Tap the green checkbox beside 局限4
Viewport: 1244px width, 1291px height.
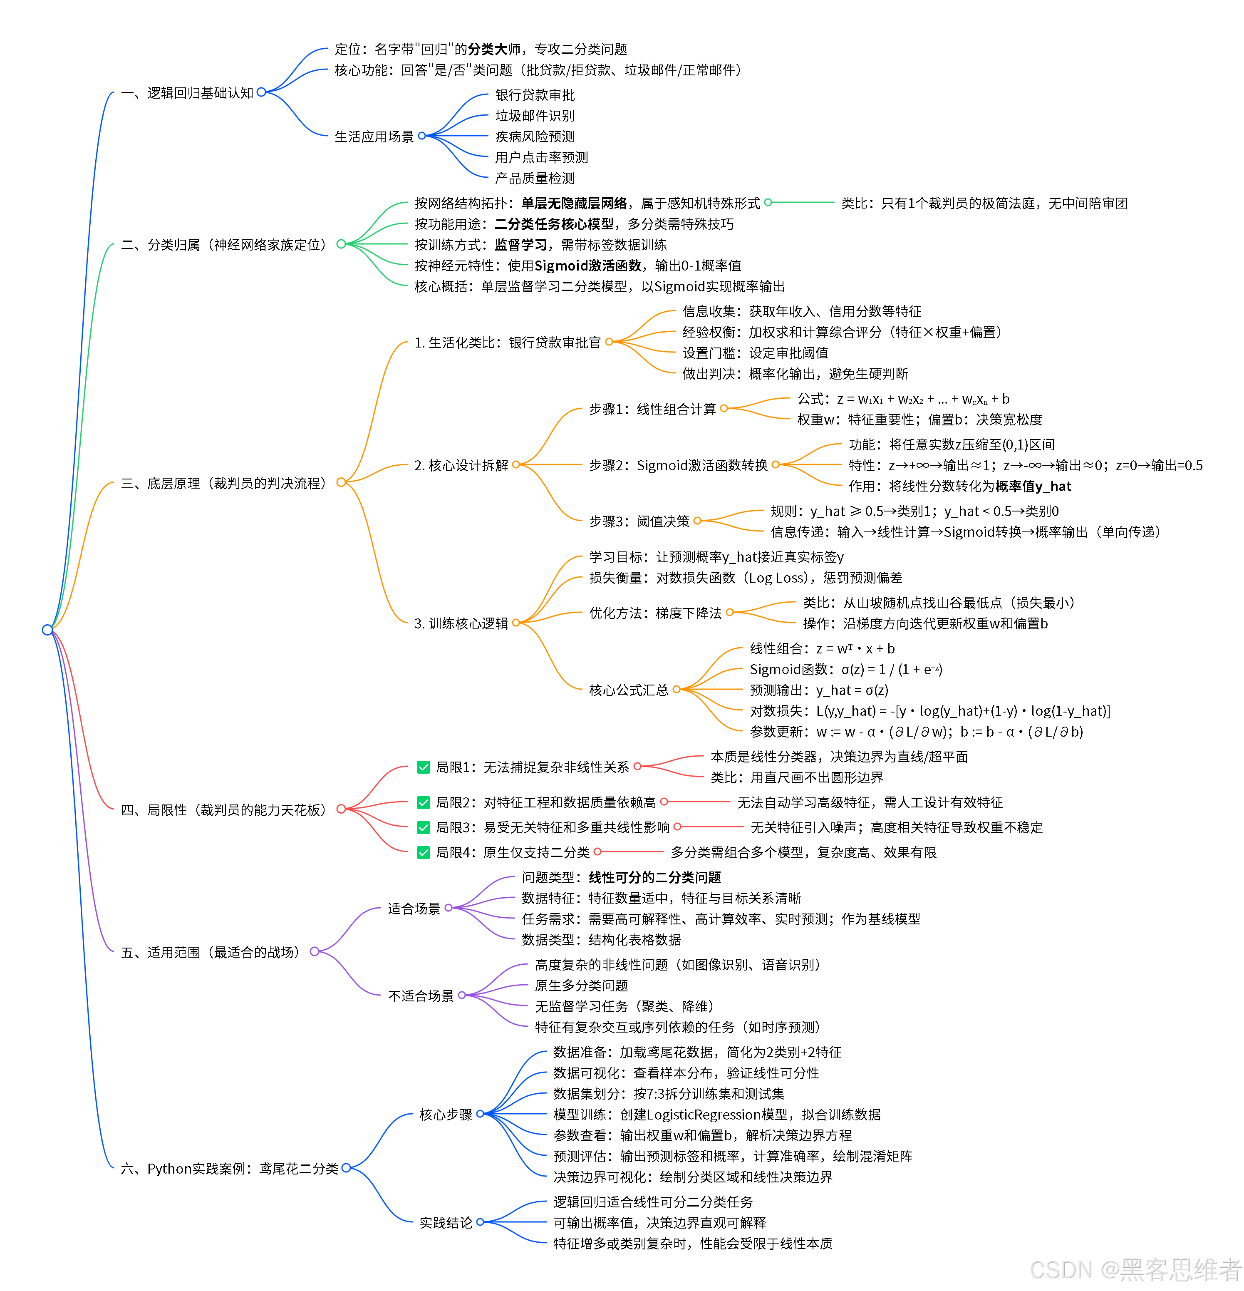click(x=424, y=852)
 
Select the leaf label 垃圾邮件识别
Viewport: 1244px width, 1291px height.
click(x=535, y=116)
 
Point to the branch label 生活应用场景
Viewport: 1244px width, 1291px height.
click(x=374, y=137)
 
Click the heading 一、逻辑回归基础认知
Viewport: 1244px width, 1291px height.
click(x=188, y=93)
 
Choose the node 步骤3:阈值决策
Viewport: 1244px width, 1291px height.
click(x=639, y=521)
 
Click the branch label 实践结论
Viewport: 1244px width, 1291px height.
click(x=446, y=1222)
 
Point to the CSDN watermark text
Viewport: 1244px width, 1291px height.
click(x=1135, y=1269)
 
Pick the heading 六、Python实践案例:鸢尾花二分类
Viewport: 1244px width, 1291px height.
click(x=229, y=1169)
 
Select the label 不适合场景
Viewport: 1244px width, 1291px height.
click(x=421, y=996)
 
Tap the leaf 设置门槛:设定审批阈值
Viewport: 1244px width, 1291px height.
click(x=756, y=353)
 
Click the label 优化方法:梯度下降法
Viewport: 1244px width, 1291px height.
click(x=655, y=613)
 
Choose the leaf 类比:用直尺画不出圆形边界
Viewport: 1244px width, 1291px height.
click(x=797, y=777)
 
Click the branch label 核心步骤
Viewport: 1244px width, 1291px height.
click(x=446, y=1115)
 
